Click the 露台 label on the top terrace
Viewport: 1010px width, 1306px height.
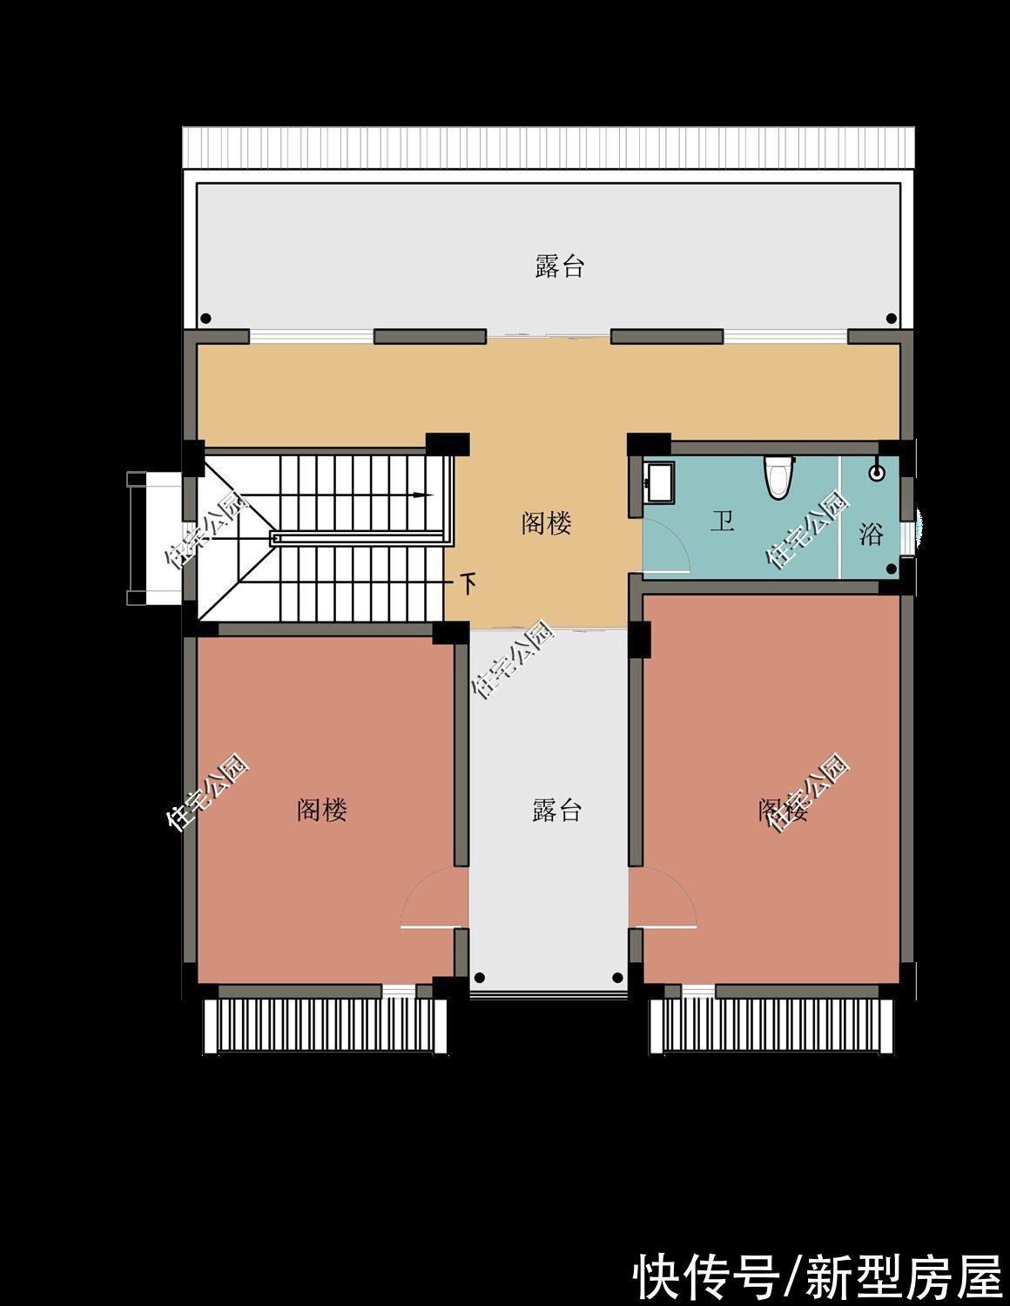point(559,266)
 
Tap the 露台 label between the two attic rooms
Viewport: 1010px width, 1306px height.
point(556,811)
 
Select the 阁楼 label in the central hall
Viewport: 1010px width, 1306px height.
point(546,523)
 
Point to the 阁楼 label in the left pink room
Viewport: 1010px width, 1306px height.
point(322,810)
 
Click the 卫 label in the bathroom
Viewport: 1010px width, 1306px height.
point(722,522)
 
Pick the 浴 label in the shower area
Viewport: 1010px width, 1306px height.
point(871,534)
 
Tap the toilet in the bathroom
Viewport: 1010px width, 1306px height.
point(778,476)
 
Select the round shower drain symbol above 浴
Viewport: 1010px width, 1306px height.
point(877,473)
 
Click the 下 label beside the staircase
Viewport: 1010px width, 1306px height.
point(468,583)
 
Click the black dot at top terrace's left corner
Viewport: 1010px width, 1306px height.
point(205,319)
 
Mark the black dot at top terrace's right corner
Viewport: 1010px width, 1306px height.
point(891,319)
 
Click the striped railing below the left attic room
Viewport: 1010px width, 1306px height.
point(325,1027)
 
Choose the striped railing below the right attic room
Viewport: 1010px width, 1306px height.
point(773,1027)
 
